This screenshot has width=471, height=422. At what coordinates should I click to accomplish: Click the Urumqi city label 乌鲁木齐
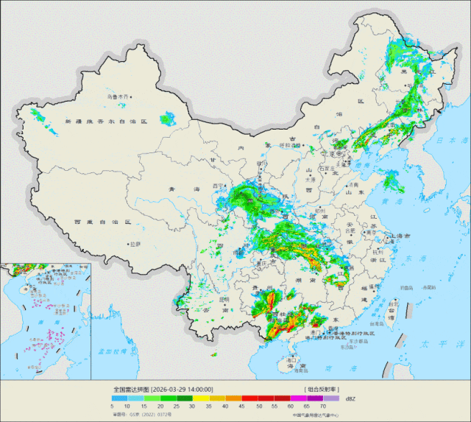click(x=116, y=96)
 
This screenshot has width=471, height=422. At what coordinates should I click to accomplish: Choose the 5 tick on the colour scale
click(x=112, y=405)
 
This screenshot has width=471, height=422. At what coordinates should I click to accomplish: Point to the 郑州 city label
click(x=318, y=211)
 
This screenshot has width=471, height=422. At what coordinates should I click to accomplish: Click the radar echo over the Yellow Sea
click(x=389, y=180)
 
